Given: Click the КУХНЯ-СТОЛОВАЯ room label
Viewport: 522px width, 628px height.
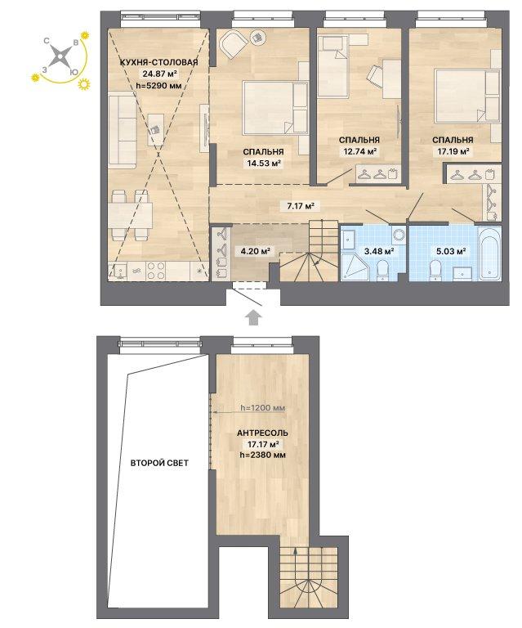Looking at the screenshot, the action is coord(158,62).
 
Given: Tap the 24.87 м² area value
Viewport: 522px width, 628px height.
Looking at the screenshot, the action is coord(159,74).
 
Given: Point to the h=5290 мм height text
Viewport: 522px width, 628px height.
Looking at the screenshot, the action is coord(159,85).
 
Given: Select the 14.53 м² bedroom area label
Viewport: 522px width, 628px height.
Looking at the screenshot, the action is coord(263,163).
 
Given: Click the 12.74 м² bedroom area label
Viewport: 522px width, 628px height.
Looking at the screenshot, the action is coord(359,151).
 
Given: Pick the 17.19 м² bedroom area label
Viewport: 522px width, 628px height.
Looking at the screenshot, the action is coord(453,151).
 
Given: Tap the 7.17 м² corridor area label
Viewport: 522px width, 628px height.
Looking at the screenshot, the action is coord(298,207).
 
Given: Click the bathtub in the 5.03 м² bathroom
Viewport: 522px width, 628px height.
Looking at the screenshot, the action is coord(490,253).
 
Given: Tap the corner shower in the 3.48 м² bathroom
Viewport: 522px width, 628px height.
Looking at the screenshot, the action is coord(355,266).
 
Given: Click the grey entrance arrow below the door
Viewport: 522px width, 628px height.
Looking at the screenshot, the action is coord(252,317).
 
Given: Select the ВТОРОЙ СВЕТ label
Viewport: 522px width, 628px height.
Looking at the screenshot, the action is coord(159,463).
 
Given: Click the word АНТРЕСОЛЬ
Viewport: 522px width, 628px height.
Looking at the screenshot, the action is coord(262,433).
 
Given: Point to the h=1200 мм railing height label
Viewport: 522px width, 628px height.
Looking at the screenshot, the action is coord(263,408).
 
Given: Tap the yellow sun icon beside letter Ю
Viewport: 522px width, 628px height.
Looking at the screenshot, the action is coord(84,84).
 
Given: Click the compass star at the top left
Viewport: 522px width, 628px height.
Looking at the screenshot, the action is coord(60,56).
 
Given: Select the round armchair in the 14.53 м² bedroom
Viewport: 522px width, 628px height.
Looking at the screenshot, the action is coord(234,44).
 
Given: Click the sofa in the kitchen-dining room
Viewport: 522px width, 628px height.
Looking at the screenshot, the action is coord(121,129).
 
